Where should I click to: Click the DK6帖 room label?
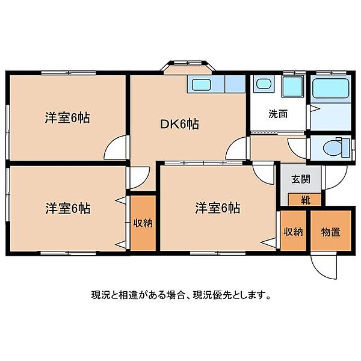pyautogui.click(x=179, y=125)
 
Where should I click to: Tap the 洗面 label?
pyautogui.click(x=278, y=114)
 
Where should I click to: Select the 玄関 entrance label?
pyautogui.click(x=301, y=179)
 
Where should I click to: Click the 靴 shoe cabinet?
pyautogui.click(x=304, y=200)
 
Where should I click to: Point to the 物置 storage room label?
pyautogui.click(x=330, y=232)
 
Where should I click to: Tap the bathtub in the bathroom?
pyautogui.click(x=330, y=88)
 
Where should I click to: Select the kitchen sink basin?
pyautogui.click(x=200, y=84)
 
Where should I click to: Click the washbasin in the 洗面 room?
pyautogui.click(x=264, y=84)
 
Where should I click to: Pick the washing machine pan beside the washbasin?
pyautogui.click(x=293, y=86)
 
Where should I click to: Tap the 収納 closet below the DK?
pyautogui.click(x=143, y=223)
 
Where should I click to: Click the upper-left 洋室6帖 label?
pyautogui.click(x=67, y=118)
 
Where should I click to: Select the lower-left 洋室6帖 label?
pyautogui.click(x=67, y=208)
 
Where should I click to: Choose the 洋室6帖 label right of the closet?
pyautogui.click(x=218, y=208)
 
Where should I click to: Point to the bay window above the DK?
pyautogui.click(x=187, y=67)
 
